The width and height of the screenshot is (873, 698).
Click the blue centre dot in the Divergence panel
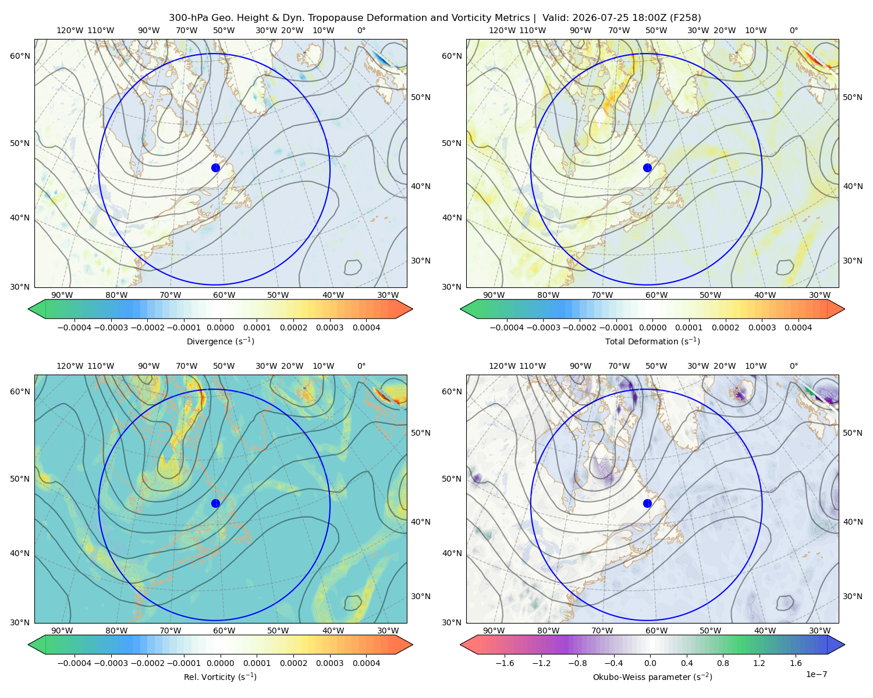pos(215,168)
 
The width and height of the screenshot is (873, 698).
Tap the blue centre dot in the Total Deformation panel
pos(647,168)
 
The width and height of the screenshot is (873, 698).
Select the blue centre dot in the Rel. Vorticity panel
pos(215,503)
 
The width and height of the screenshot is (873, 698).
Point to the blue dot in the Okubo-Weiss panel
pos(647,503)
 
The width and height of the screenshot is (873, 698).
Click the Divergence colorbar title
pos(220,341)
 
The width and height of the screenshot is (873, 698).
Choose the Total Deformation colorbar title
pos(652,341)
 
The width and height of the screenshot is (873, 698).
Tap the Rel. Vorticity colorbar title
pos(220,677)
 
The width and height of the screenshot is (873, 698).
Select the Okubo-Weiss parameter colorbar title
pos(652,677)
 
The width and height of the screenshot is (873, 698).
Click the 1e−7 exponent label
pos(816,675)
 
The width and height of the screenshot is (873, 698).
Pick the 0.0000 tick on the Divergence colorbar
pos(220,327)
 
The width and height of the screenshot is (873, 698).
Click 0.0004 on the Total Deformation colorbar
pos(798,327)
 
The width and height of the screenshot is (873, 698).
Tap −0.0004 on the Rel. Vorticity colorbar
pos(74,663)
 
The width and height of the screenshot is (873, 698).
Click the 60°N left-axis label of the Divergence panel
pos(20,56)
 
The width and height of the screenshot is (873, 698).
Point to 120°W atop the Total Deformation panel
pos(502,30)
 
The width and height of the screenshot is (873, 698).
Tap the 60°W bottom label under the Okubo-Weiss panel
pos(656,631)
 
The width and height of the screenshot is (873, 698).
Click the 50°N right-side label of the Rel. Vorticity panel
pos(421,433)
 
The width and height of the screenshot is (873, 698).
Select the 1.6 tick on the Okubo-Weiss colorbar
pos(796,663)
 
